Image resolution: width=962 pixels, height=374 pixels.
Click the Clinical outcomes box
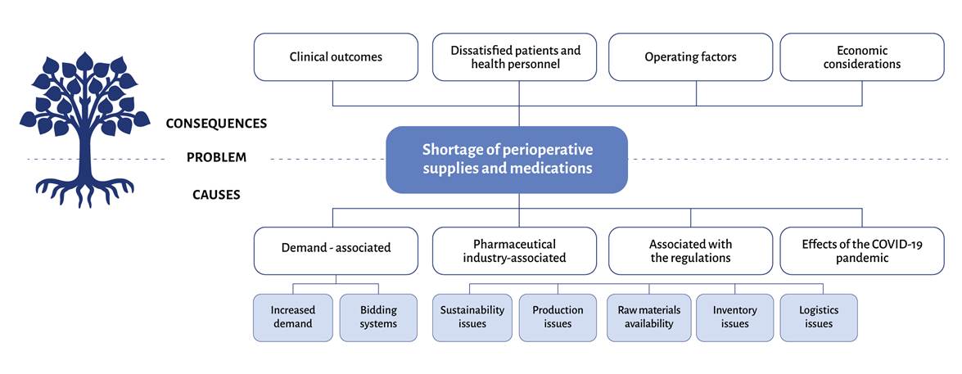pos(335,57)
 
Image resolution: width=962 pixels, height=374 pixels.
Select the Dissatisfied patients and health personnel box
pos(515,57)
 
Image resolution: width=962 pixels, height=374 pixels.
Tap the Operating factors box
pos(690,57)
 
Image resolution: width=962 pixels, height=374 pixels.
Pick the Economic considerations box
pos(861,57)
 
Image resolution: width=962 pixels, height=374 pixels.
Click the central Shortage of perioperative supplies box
pos(507,160)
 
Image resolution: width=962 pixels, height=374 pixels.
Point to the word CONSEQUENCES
pos(216,124)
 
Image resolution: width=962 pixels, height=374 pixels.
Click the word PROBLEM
pos(216,158)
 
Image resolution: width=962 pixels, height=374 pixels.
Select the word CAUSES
pos(216,195)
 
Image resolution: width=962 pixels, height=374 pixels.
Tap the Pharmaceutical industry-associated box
pos(515,250)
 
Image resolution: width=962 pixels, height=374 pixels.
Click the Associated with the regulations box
pos(690,250)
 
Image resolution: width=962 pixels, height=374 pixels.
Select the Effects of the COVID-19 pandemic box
pos(861,250)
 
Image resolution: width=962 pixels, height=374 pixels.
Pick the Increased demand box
pos(292,317)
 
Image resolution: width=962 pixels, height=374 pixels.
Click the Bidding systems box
pos(378,317)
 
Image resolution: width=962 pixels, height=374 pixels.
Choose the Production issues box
pos(558,317)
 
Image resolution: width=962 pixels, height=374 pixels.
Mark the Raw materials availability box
pos(649,317)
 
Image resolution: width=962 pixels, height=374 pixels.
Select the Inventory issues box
pos(735,317)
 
